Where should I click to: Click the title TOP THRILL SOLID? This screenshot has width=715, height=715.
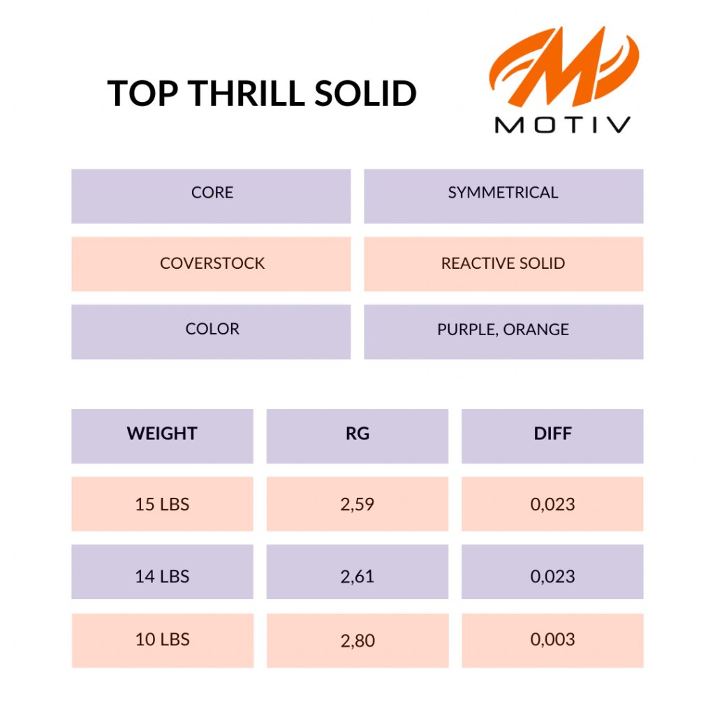pos(262,94)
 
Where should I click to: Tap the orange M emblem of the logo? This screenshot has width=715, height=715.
pos(565,66)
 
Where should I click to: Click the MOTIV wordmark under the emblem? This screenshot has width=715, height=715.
pos(563,125)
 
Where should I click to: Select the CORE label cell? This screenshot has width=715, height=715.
pos(211,196)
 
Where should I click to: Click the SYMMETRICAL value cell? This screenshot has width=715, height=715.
pos(503,196)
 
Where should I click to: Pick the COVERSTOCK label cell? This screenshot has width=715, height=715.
pos(211,264)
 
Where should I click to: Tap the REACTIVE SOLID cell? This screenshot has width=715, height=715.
pos(503,264)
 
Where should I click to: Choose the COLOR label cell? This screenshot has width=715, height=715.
pos(211,332)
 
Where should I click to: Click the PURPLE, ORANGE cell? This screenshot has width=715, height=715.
pos(503,332)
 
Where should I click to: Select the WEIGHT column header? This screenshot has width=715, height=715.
pos(162,436)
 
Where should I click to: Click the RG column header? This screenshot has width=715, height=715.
pos(357,436)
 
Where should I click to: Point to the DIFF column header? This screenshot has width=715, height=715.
pos(553,436)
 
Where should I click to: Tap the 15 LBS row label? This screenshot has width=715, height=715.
pos(162,504)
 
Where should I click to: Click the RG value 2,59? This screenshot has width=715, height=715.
pos(357,504)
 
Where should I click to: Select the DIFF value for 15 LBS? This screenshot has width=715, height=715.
pos(553,504)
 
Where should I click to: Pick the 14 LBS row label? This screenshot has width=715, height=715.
pos(162,572)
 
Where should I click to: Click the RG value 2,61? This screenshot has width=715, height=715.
pos(357,572)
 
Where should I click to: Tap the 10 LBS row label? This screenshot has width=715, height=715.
pos(162,641)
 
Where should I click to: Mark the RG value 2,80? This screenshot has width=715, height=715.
pos(357,641)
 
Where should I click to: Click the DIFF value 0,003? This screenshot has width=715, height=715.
pos(553,641)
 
